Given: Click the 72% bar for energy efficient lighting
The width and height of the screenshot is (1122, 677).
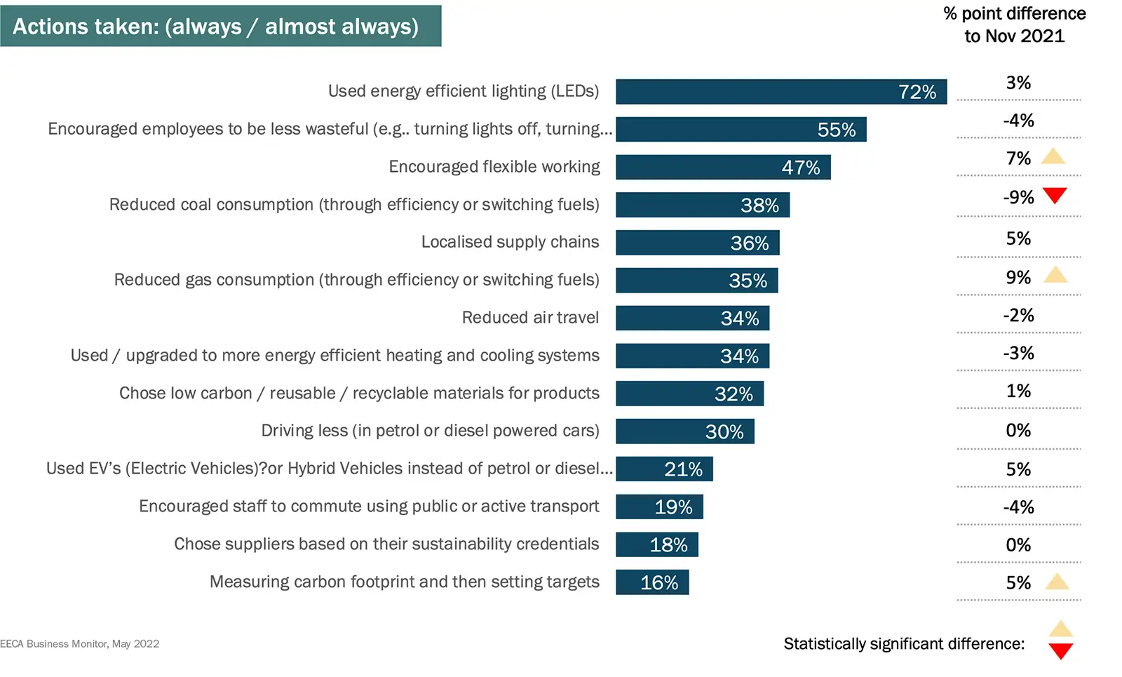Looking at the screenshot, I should pos(780,92).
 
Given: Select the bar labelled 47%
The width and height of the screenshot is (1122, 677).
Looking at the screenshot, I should pos(723,168).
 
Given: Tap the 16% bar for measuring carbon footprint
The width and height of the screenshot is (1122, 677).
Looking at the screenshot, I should pos(652,582).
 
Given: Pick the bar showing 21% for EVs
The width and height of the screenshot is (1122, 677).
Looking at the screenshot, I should pos(664,469).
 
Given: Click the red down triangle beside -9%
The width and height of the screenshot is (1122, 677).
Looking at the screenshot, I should pos(1055,195).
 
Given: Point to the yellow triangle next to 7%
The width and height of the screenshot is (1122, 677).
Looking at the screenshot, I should pos(1053,156).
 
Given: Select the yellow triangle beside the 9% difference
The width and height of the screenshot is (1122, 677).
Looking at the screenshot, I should pos(1055,275).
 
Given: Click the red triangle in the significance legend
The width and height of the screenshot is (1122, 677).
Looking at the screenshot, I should pos(1061,651).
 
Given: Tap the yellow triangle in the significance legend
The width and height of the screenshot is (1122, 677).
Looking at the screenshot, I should pos(1061,629).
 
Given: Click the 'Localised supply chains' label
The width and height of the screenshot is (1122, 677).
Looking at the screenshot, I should pos(510,242).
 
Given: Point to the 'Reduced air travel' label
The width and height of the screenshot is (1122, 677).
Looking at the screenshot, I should pos(530,318).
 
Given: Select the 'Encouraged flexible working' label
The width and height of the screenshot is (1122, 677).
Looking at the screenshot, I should pos(494,167).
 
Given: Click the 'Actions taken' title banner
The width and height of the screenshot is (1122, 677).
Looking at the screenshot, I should pos(220,26).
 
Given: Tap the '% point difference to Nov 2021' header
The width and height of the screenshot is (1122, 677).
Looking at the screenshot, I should pos(1014,25).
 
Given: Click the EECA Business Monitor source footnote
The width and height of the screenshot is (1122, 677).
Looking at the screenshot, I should pos(80,644).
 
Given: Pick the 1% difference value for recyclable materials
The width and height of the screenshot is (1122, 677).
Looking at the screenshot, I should pos(1018,391).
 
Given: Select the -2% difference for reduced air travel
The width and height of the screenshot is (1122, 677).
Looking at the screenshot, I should pos(1018,316).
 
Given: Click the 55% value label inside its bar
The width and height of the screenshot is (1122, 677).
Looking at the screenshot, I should pos(837,130).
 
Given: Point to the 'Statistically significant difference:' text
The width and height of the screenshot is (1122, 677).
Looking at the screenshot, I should pos(904,644).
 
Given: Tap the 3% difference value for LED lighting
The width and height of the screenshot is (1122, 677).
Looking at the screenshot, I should pos(1018,83).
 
